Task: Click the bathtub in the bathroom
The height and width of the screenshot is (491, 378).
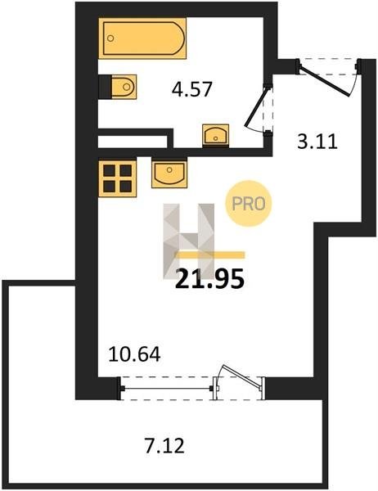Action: pos(142,38)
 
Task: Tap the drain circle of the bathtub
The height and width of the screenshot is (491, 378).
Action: pos(110,38)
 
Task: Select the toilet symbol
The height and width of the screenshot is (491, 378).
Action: pos(124,87)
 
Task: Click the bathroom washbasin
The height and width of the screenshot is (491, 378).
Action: pos(215,136)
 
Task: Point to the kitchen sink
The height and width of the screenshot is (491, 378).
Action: pos(169,173)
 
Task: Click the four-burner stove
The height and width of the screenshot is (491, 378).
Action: pos(118,178)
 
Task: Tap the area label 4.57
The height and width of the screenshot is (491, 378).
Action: pos(192,89)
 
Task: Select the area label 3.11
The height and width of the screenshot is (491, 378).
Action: pos(317,142)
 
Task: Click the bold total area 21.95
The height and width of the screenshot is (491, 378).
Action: pos(209,279)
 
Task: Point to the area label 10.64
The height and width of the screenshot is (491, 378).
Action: pos(134,355)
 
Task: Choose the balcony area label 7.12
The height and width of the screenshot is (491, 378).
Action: pos(164,446)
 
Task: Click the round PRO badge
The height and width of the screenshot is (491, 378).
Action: pos(249,204)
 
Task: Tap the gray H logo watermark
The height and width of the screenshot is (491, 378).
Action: pos(189,241)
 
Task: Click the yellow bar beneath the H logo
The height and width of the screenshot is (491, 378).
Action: pos(210,255)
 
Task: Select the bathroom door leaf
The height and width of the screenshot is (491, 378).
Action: pos(256,107)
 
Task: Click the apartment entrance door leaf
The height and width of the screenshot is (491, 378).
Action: pos(325,80)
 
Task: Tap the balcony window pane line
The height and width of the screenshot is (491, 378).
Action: pos(167,389)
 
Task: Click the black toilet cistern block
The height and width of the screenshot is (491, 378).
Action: pos(105,87)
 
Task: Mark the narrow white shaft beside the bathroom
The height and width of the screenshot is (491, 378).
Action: pos(133,142)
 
